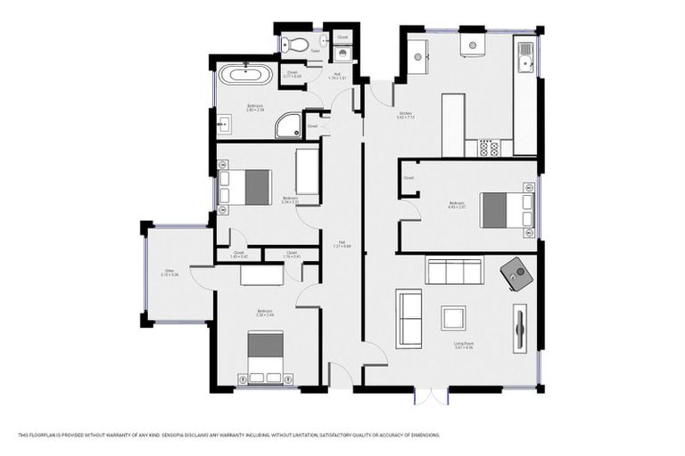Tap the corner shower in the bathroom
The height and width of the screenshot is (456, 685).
[x=288, y=127]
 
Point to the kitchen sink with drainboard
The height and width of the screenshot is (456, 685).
[x=526, y=59]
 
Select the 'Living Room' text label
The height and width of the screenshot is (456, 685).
[x=463, y=345]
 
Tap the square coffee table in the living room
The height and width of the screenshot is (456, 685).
[x=453, y=318]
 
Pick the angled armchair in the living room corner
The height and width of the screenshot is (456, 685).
[x=516, y=273]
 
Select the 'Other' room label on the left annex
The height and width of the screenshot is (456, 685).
[x=169, y=273]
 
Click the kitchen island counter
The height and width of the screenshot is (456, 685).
[x=453, y=122]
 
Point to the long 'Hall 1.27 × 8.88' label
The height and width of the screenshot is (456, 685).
[x=342, y=247]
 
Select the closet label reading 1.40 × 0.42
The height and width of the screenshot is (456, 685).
[x=239, y=255]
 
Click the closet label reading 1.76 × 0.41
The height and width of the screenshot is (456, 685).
[x=292, y=255]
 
